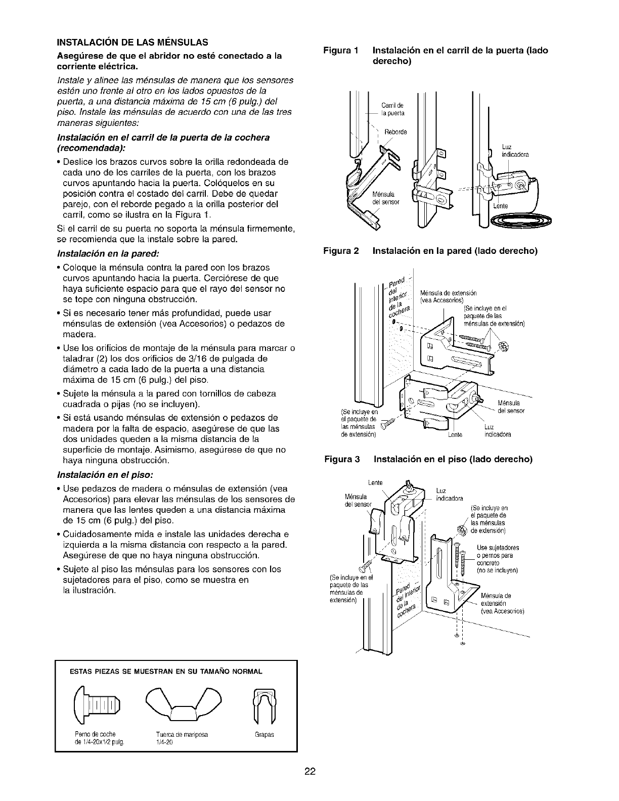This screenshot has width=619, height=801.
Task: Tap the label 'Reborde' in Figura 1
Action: pos(395,132)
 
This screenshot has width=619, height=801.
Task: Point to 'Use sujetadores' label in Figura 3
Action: pos(498,547)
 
